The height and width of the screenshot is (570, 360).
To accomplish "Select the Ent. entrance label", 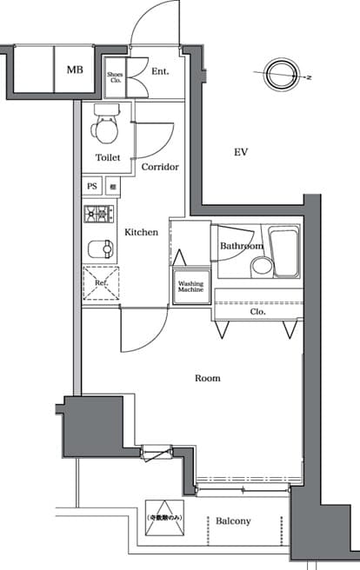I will point(160,71).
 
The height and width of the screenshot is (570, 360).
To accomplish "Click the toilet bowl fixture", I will point(106,129).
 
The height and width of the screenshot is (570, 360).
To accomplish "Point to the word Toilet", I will point(108,157).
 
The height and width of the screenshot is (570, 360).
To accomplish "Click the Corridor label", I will point(159,166).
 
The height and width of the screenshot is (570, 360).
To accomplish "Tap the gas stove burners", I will point(99,213).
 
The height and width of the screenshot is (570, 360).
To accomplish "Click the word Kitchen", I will point(141,232).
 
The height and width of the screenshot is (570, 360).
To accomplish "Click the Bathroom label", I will point(241,246).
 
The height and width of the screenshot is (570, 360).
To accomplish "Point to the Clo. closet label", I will point(257,310).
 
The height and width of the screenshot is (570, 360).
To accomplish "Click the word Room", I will point(207,378).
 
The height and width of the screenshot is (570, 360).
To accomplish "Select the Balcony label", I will point(234,521).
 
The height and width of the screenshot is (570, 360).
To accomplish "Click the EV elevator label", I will point(241,152).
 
